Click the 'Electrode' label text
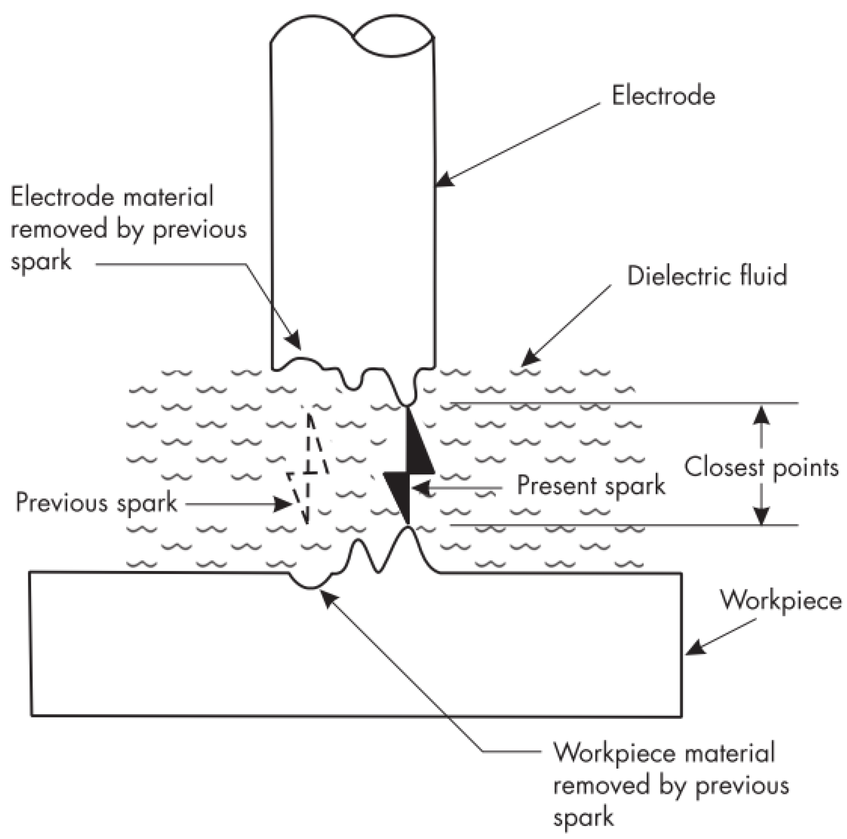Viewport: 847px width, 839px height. [x=663, y=96]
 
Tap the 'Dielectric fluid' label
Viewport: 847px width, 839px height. [x=707, y=276]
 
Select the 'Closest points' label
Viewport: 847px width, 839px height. [x=761, y=467]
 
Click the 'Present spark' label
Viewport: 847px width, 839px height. [x=591, y=485]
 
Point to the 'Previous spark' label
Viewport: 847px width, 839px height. [x=97, y=503]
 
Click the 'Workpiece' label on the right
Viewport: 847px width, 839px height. [x=781, y=600]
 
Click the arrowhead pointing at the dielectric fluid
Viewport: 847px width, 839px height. [x=530, y=357]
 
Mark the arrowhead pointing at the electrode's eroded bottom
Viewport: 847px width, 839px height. [x=293, y=342]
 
